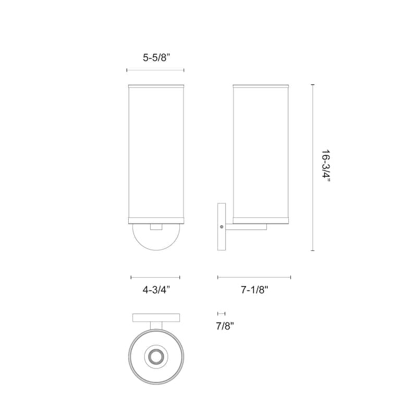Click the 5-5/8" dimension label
point(155,59)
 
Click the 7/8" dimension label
point(225,326)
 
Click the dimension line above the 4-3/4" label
point(155,277)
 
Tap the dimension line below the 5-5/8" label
point(155,70)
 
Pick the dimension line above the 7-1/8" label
point(254,277)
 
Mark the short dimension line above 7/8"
point(221,313)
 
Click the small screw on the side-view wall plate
point(223,227)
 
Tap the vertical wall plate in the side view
point(222,227)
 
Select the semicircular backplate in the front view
point(155,237)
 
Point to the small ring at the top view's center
point(155,357)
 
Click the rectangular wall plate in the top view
point(156,317)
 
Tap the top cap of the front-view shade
point(155,83)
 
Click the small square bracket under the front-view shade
point(155,227)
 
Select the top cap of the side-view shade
point(261,83)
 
